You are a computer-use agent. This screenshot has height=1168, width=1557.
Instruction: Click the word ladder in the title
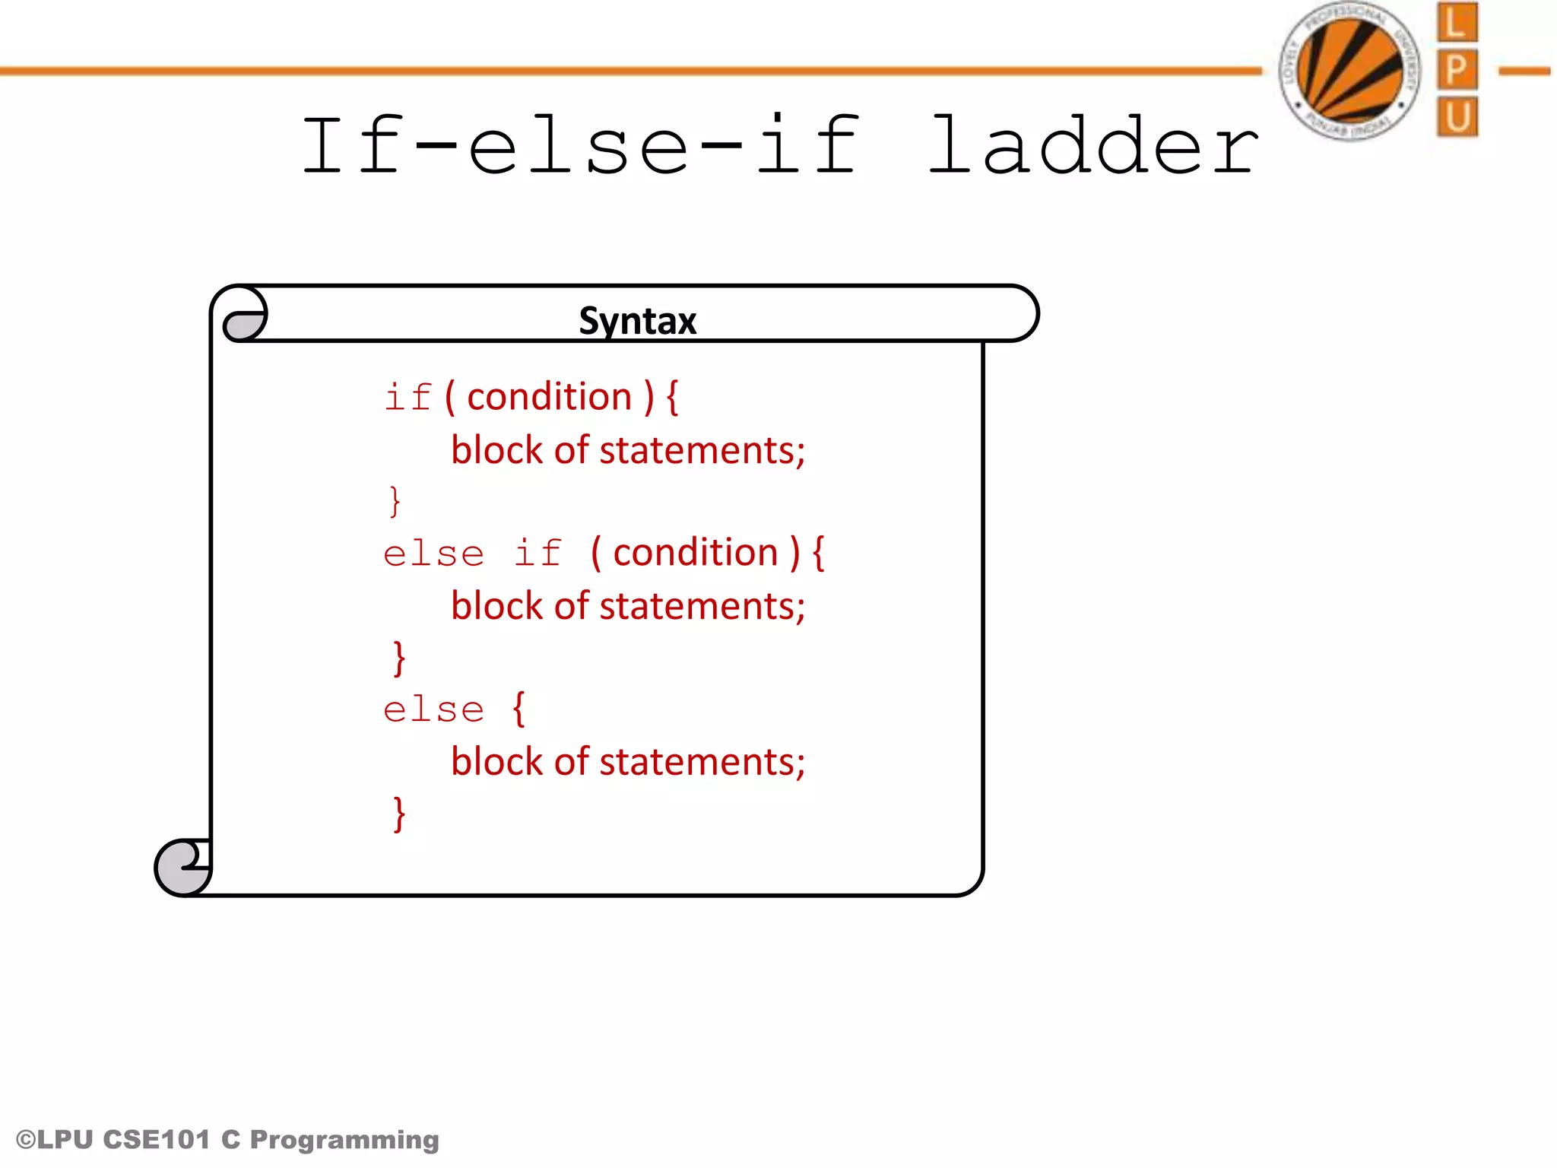tap(1093, 145)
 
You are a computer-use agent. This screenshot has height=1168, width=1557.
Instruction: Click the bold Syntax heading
tap(637, 321)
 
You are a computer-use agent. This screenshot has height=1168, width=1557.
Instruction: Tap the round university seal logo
tap(1350, 71)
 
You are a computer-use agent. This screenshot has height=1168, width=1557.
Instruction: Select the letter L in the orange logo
tap(1457, 23)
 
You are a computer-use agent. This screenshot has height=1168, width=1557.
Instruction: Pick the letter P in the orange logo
tap(1457, 70)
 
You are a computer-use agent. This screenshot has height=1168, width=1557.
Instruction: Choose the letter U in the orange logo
tap(1457, 117)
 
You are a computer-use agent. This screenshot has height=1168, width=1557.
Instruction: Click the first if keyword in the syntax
tap(408, 398)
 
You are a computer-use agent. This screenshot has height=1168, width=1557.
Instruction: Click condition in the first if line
tap(549, 397)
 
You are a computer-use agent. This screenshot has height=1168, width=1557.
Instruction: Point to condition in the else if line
tap(696, 553)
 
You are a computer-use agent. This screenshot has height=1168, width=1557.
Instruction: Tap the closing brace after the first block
tap(395, 501)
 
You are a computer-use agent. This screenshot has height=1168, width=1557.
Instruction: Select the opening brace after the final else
tap(519, 709)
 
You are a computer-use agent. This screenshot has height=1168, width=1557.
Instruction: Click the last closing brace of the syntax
tap(399, 814)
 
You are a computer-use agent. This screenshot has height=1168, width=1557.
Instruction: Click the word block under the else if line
tap(497, 606)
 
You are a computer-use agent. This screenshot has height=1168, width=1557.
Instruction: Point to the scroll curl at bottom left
tap(183, 868)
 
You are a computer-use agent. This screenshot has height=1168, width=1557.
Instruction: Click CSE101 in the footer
tap(156, 1140)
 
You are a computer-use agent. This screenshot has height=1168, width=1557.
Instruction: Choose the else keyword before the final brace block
tap(433, 710)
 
